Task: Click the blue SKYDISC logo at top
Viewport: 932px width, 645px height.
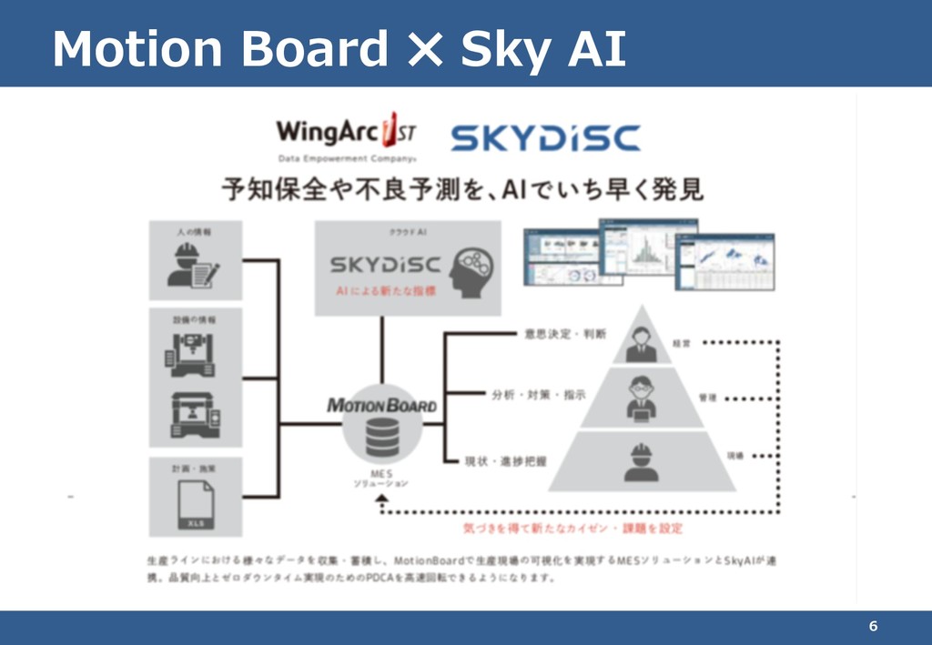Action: point(545,137)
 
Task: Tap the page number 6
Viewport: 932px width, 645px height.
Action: point(873,626)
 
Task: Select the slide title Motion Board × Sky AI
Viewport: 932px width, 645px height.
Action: point(339,49)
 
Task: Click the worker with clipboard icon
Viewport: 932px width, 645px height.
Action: point(194,265)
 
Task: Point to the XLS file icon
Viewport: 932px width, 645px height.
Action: point(196,505)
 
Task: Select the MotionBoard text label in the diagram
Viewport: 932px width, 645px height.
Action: point(381,405)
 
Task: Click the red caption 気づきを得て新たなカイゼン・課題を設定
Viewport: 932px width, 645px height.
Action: point(573,528)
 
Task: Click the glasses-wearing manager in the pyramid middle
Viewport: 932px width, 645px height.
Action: point(642,398)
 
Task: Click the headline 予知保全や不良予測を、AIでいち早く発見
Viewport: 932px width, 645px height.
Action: point(463,190)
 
